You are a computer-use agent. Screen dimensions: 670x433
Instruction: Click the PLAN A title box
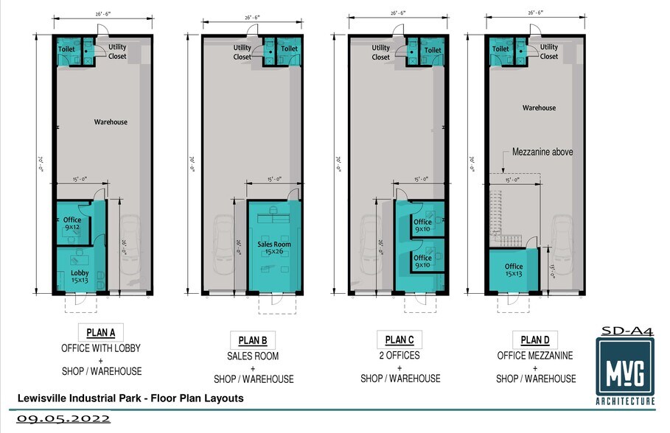click(100, 332)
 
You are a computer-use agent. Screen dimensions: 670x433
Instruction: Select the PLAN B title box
click(253, 340)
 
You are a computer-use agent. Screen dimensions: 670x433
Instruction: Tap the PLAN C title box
click(399, 339)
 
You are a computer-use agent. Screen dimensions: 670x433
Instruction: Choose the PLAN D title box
click(535, 339)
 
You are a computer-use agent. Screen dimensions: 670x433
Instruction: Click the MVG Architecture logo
click(625, 370)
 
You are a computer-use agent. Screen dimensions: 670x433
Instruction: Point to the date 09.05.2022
click(63, 418)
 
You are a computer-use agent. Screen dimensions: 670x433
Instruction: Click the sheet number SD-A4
click(627, 331)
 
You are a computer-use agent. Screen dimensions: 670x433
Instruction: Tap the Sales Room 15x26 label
click(274, 247)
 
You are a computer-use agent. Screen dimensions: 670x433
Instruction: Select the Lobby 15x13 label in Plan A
click(80, 276)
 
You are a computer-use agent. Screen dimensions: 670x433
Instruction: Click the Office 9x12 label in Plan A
click(72, 223)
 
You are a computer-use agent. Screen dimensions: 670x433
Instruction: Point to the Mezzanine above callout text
click(542, 152)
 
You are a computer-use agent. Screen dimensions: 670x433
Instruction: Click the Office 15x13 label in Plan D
click(514, 270)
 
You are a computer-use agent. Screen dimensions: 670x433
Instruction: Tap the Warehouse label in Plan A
click(111, 122)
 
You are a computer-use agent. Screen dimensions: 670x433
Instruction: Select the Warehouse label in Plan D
click(539, 108)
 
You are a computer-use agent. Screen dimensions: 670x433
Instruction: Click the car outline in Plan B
click(223, 244)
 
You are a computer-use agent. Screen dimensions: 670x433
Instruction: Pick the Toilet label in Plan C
click(433, 50)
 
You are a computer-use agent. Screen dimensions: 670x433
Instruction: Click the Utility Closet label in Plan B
click(242, 52)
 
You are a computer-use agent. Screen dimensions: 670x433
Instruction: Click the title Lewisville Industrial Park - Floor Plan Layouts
click(130, 398)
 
